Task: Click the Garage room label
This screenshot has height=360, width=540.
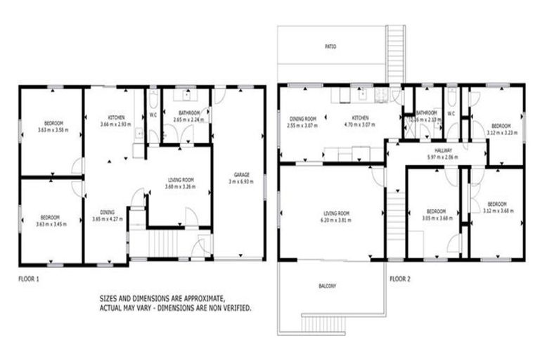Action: [x=240, y=175]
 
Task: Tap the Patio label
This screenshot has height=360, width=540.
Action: [x=330, y=46]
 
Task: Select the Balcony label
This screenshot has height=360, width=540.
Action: [x=326, y=285]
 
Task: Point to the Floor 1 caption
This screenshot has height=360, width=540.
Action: [x=28, y=278]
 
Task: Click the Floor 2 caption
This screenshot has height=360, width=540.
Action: [x=400, y=278]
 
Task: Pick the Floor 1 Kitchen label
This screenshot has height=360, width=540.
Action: [x=115, y=117]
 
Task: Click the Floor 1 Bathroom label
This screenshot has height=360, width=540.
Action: [x=188, y=113]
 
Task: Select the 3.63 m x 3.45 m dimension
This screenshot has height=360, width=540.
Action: [x=49, y=224]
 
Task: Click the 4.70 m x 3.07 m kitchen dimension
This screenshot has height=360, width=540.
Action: [x=359, y=125]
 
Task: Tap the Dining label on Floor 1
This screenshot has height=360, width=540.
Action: [x=108, y=212]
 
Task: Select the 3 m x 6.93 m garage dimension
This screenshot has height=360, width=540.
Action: [x=240, y=182]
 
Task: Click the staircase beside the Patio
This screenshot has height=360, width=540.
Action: [x=395, y=53]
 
